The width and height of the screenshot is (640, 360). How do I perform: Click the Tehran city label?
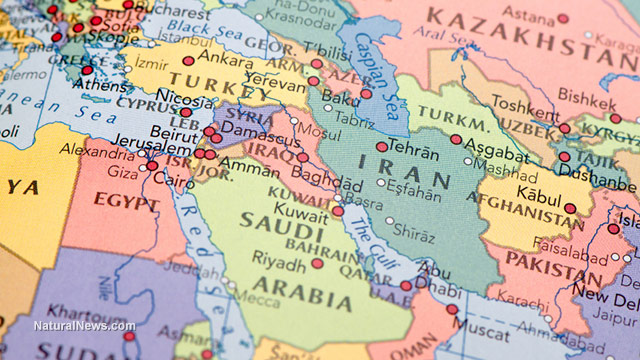tap(413, 147)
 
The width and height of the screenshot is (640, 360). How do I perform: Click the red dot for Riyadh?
tap(317, 264)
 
